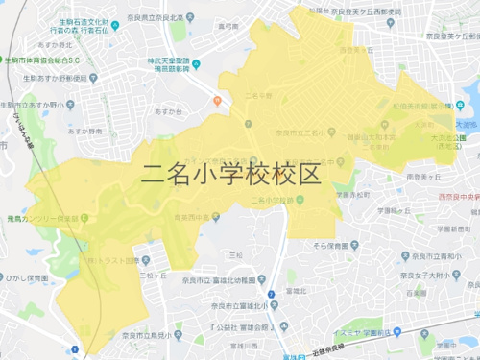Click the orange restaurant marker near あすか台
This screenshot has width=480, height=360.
click(x=218, y=100)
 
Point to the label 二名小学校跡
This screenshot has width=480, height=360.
click(x=271, y=201)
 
